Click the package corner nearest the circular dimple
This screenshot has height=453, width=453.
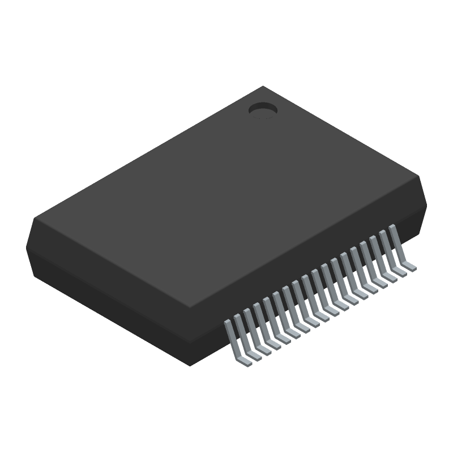pos(263,87)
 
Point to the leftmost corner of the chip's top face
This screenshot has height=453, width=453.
pos(34,220)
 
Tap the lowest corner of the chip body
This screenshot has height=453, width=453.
pos(191,365)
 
